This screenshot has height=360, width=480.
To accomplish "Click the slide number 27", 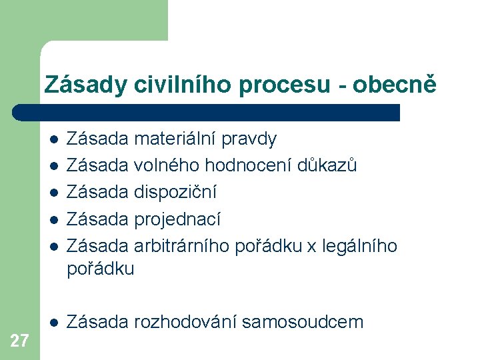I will coord(20,341).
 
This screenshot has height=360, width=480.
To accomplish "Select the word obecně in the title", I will coord(397,85).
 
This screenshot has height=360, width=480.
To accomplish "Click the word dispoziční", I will coord(175,193).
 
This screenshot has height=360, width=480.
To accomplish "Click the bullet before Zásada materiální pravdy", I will coord(53,139).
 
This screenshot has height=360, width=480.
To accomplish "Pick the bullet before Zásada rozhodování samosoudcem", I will coord(53,323).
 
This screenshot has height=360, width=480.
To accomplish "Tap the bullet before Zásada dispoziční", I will coord(53,193).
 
